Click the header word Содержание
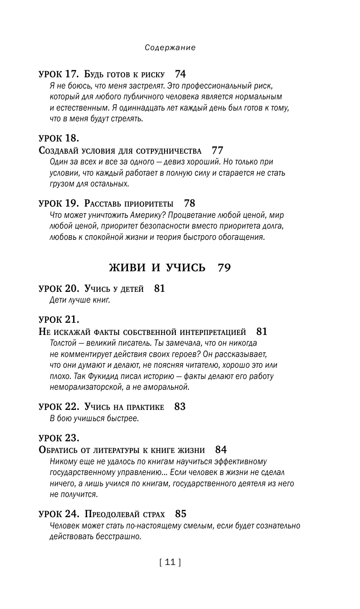click(170, 48)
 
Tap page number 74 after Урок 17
click(180, 74)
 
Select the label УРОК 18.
click(59, 138)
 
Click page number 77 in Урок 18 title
click(217, 151)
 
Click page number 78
click(189, 204)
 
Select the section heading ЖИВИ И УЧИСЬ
click(157, 268)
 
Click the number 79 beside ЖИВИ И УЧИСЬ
click(225, 268)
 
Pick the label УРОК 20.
click(59, 289)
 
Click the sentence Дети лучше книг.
click(79, 300)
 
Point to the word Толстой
click(63, 343)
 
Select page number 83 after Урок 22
click(180, 407)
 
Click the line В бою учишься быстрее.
click(94, 418)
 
